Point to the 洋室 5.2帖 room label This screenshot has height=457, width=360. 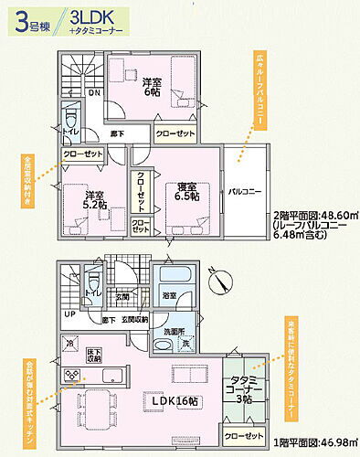[x=90, y=198]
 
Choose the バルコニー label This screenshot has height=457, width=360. [x=245, y=193]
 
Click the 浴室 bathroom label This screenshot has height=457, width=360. [x=170, y=296]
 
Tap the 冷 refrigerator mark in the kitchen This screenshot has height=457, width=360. [x=69, y=343]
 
